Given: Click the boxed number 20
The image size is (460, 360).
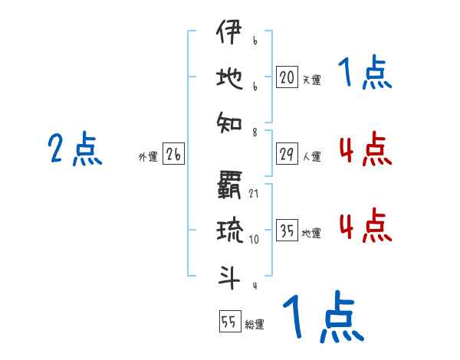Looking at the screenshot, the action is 287,77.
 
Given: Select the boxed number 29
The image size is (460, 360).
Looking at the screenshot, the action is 287,154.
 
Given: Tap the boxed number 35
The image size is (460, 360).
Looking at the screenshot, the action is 287,230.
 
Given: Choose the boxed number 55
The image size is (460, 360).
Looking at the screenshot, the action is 229,322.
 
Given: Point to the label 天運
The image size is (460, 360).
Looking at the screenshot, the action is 311,80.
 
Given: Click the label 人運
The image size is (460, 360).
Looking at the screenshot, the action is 311,157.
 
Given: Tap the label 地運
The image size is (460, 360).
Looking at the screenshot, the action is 311,233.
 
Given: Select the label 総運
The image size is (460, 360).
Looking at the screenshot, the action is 255,325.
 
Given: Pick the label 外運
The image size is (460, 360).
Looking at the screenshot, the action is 148,157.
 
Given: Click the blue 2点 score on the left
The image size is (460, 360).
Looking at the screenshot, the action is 76,149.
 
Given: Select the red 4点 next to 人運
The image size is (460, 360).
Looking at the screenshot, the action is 365,149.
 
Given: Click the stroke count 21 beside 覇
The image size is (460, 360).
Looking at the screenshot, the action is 254,193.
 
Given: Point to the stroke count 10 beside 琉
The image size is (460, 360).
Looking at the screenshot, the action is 254,240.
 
